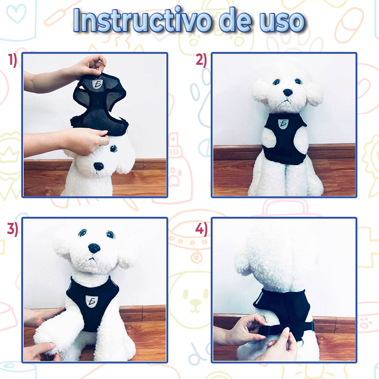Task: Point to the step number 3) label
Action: pos(13,229)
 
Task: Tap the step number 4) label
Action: pos(201,229)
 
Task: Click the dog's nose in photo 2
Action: pos(288,92)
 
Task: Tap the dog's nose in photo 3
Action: pos(94,248)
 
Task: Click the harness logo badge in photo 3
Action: pos(91,302)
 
